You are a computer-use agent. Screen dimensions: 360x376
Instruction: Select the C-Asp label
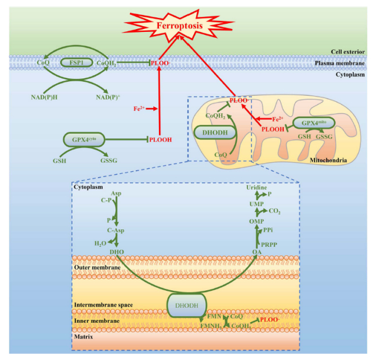pyautogui.click(x=117, y=231)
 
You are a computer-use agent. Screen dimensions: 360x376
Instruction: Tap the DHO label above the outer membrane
pyautogui.click(x=116, y=252)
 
